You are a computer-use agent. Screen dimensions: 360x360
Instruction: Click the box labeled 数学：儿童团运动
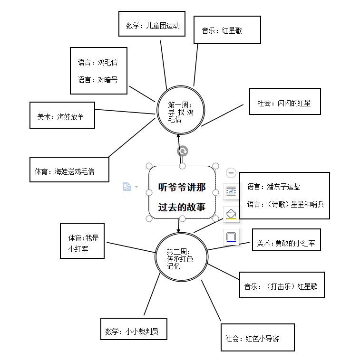[153, 26]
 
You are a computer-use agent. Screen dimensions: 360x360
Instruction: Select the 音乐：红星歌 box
[227, 30]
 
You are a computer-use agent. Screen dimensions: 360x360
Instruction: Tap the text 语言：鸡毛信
[98, 62]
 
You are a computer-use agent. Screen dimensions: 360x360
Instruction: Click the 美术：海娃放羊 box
[62, 116]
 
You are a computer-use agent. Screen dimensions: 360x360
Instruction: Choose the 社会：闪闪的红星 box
[284, 102]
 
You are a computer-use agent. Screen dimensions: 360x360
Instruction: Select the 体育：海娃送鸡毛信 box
[69, 171]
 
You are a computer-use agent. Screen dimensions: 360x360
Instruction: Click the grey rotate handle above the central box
[182, 151]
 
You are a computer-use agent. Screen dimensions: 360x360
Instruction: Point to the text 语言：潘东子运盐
[273, 187]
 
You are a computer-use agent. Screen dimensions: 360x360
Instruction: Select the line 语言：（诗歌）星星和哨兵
[285, 204]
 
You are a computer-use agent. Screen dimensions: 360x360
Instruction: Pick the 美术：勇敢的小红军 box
[285, 243]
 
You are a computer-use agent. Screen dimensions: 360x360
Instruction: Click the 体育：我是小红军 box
[83, 240]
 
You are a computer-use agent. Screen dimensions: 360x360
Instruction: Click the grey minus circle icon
[231, 173]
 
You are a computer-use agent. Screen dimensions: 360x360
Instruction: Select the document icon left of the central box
[127, 187]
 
